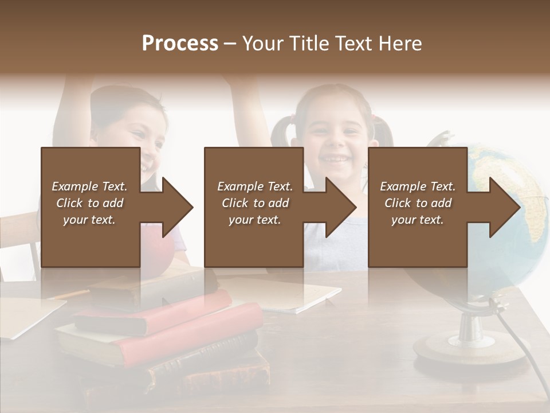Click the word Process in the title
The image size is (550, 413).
coord(180,44)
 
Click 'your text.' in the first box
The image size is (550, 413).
coord(89,220)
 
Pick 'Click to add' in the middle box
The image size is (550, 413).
coord(255,203)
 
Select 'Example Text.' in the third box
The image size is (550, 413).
coord(418,186)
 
